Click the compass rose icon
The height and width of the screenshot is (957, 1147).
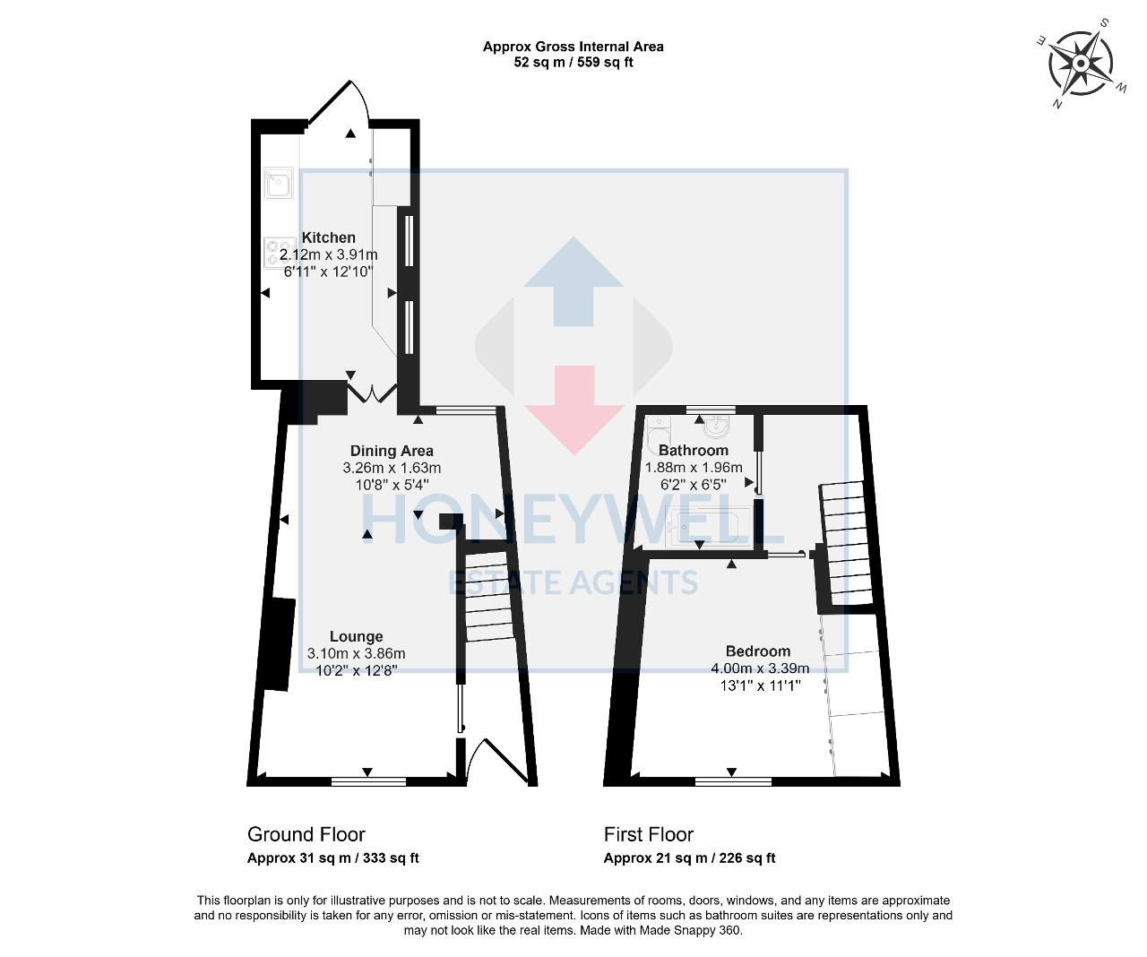click(x=1080, y=64)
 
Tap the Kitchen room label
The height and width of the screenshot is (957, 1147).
click(x=328, y=237)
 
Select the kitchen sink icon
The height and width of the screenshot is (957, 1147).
click(x=278, y=184)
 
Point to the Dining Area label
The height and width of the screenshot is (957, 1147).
click(x=392, y=451)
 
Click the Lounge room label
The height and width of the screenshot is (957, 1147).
click(x=356, y=636)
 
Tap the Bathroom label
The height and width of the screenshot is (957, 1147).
click(x=693, y=450)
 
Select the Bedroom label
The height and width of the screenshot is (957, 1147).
click(x=758, y=651)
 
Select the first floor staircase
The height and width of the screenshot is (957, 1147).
click(x=847, y=543)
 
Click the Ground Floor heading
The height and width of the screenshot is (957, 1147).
click(x=306, y=834)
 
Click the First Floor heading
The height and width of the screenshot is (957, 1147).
click(x=648, y=834)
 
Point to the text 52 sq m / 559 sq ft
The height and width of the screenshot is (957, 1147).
click(x=573, y=63)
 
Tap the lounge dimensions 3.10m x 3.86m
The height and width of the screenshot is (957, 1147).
click(x=356, y=654)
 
